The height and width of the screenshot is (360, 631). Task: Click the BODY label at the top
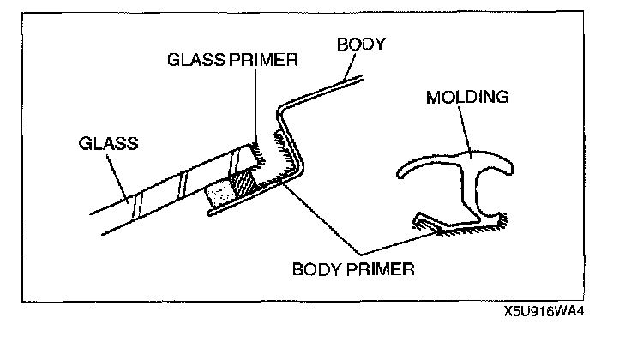click(x=361, y=43)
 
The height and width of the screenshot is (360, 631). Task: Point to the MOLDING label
click(x=467, y=97)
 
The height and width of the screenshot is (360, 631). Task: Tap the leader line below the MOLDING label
click(x=464, y=132)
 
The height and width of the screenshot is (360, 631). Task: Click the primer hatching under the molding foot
click(x=454, y=230)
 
